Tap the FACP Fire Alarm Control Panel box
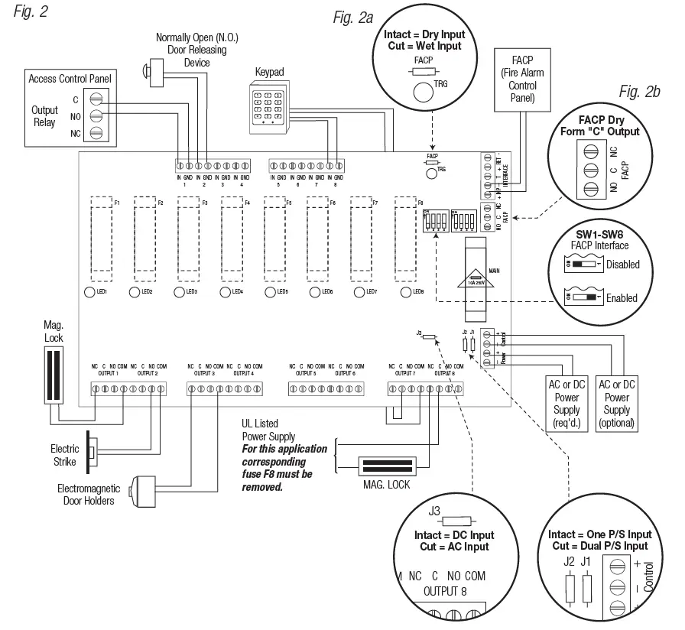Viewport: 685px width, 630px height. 518,80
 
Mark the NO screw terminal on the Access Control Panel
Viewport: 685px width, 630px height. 96,115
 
